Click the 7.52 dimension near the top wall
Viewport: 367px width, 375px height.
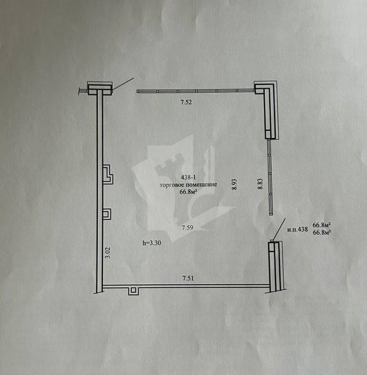(x=186, y=102)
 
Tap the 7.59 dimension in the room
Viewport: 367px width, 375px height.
(x=187, y=228)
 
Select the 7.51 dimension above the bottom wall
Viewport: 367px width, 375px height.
(x=188, y=278)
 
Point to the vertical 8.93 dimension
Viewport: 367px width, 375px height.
(x=234, y=184)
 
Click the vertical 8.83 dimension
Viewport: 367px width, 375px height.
(x=260, y=184)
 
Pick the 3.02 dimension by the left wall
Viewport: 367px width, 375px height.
(x=108, y=253)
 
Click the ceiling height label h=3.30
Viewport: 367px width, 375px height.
(x=152, y=243)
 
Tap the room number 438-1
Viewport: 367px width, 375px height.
(x=189, y=177)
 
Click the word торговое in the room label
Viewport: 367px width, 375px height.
(x=172, y=185)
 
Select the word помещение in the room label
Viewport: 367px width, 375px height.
(x=201, y=185)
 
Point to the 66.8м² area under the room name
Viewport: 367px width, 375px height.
(x=189, y=192)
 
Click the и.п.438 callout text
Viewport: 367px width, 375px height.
(x=297, y=229)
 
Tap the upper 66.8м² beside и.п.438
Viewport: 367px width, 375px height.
(x=322, y=225)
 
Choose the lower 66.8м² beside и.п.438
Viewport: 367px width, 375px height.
(x=322, y=232)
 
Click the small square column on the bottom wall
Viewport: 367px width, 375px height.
(x=134, y=291)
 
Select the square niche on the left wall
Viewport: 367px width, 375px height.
(x=107, y=214)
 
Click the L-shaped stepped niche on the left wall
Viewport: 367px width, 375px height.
(x=108, y=175)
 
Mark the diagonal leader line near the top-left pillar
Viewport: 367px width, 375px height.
(x=123, y=84)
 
